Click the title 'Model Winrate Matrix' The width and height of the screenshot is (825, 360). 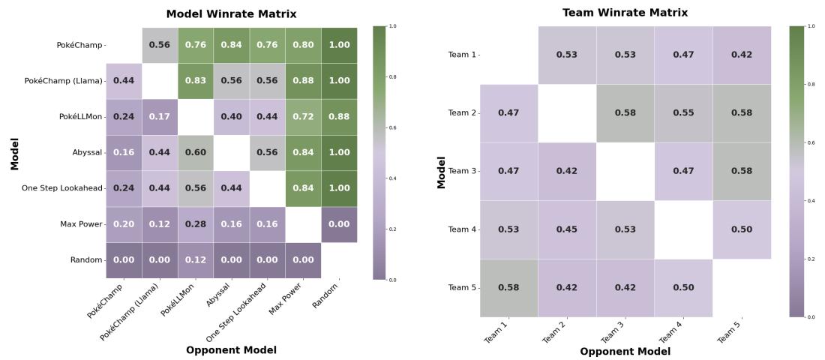click(x=231, y=14)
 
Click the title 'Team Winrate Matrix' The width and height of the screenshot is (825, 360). click(x=625, y=13)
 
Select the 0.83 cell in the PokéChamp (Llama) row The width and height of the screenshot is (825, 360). click(x=195, y=81)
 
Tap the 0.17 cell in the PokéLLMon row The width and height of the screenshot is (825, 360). click(x=160, y=116)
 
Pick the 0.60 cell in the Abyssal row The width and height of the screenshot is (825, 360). click(x=195, y=152)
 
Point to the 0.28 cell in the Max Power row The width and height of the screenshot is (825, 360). click(x=195, y=224)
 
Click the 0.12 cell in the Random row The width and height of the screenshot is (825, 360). click(x=195, y=259)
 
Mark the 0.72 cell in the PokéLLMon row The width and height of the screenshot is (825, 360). click(x=303, y=116)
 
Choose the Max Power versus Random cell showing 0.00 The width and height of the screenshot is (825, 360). click(x=339, y=224)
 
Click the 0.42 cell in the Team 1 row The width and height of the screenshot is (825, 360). click(x=742, y=55)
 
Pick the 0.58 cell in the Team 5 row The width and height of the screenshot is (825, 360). click(x=508, y=287)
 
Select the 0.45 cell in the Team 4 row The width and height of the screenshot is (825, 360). click(x=567, y=229)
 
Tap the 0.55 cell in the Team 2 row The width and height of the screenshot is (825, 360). click(x=683, y=113)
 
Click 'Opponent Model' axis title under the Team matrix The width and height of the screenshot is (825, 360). click(x=625, y=351)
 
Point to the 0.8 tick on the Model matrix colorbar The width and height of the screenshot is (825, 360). click(x=393, y=76)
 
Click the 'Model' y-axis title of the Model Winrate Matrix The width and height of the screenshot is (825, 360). click(x=14, y=152)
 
